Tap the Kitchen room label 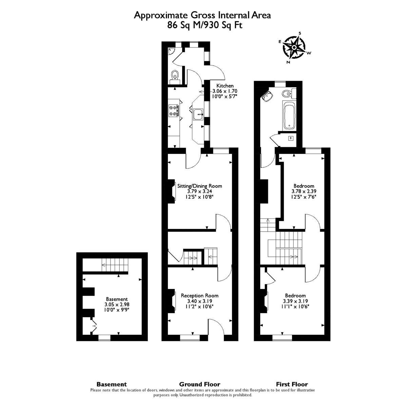click(225, 86)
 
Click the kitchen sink click(198, 114)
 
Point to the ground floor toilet click(175, 75)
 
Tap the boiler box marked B click(291, 138)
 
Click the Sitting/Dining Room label click(200, 186)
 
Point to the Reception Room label click(199, 295)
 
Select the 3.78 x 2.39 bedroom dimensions click(304, 191)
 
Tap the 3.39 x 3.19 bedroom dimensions click(295, 301)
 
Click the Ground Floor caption click(199, 384)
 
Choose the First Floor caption click(292, 384)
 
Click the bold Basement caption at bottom click(112, 384)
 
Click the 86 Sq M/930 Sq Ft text click(205, 25)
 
